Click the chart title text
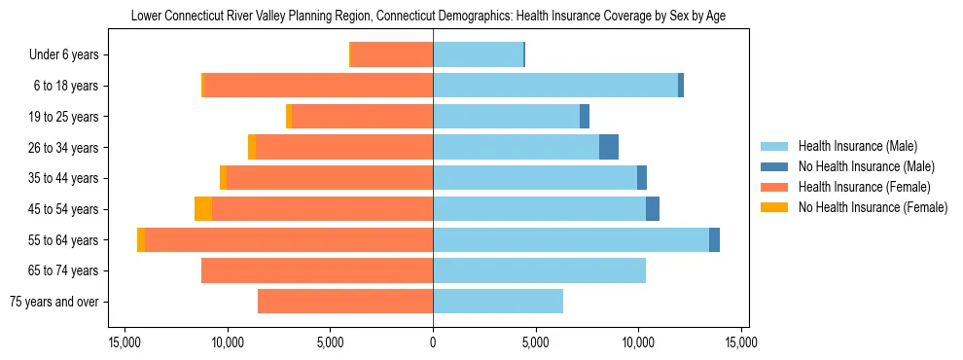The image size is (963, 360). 428,16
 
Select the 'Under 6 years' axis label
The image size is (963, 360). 63,55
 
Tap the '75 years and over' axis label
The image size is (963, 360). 53,302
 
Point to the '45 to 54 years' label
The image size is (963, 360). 63,209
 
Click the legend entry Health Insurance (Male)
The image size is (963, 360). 857,146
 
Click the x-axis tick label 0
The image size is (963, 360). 433,342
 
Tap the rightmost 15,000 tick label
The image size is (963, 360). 741,342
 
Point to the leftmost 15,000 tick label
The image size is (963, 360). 125,342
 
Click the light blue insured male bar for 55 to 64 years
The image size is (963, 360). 571,240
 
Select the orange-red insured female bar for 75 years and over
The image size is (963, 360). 345,302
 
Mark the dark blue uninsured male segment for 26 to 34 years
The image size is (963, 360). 609,148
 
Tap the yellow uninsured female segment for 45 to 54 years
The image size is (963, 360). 203,209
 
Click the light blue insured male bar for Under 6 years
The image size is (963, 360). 478,55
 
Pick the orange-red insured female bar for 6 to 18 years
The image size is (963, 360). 318,86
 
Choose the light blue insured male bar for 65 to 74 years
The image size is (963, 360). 539,270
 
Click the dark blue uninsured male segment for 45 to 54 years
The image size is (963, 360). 653,209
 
